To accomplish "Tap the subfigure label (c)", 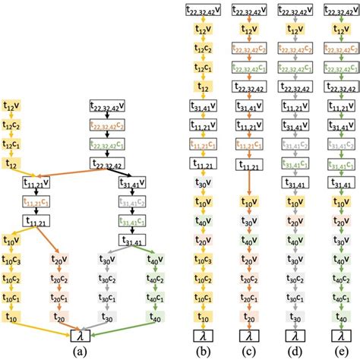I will (248, 352).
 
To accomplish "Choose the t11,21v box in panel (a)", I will (39, 183).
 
